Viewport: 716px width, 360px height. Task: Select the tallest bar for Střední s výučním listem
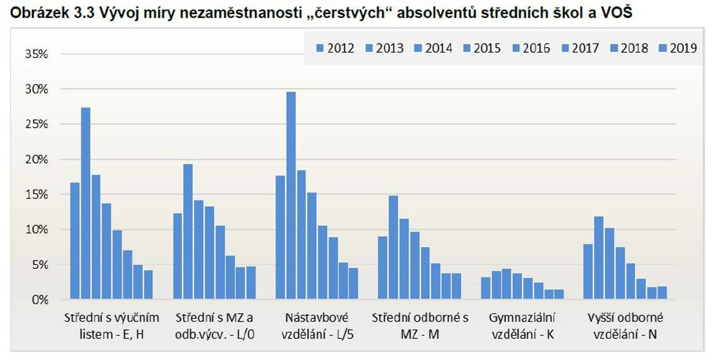(85, 203)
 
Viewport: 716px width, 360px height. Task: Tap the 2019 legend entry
(678, 48)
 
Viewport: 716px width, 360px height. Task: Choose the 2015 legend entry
(481, 48)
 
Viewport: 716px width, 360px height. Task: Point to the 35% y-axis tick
(36, 54)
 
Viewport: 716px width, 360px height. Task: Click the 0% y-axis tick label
(39, 300)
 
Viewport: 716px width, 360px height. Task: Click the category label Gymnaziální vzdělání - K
(522, 326)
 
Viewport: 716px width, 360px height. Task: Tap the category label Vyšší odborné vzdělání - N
(625, 326)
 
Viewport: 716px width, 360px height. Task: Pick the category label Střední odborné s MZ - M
(420, 326)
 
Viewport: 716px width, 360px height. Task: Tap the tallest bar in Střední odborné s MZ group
(393, 247)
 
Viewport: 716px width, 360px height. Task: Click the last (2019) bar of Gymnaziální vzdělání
(559, 294)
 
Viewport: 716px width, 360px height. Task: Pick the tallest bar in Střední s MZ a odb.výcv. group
(188, 232)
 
